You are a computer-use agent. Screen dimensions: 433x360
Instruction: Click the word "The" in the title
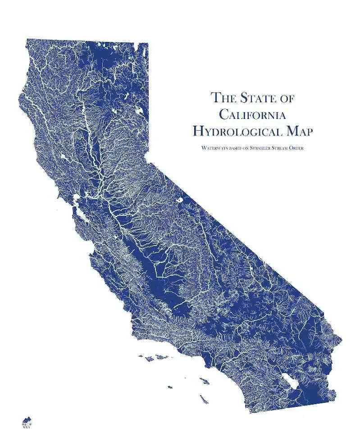tap(223, 97)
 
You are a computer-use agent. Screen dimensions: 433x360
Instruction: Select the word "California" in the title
tap(252, 114)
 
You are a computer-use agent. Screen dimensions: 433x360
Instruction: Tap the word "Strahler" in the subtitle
tap(261, 148)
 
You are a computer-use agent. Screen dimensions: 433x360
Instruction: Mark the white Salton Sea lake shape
tap(288, 381)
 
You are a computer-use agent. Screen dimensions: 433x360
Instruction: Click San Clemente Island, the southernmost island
tap(204, 399)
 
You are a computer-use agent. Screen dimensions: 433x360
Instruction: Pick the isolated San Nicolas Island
tap(170, 387)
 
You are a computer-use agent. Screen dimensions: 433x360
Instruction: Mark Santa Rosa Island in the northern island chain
tap(148, 359)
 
